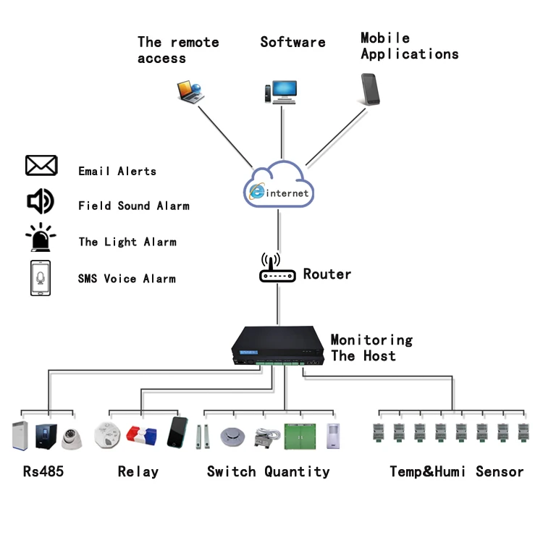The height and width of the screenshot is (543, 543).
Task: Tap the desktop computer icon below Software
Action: click(x=280, y=93)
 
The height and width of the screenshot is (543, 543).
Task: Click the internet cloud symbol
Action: click(x=279, y=185)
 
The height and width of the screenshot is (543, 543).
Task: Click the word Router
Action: click(x=327, y=274)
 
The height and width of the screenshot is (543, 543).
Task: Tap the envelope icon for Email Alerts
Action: click(x=41, y=166)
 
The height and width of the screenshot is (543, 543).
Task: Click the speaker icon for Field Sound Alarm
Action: click(x=41, y=201)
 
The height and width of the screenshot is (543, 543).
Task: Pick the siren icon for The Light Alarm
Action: click(x=41, y=238)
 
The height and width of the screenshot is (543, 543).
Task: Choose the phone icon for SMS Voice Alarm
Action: click(x=41, y=278)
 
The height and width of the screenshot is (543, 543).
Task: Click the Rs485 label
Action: click(x=43, y=472)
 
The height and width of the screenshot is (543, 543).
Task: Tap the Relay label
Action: click(x=138, y=472)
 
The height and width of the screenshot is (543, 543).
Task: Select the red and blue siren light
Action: click(x=142, y=435)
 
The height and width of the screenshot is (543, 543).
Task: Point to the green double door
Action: click(x=300, y=436)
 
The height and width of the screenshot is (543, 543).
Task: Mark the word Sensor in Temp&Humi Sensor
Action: click(x=500, y=472)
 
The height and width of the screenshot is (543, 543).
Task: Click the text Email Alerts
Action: click(x=117, y=172)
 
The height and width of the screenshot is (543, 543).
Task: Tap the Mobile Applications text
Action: click(x=409, y=46)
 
